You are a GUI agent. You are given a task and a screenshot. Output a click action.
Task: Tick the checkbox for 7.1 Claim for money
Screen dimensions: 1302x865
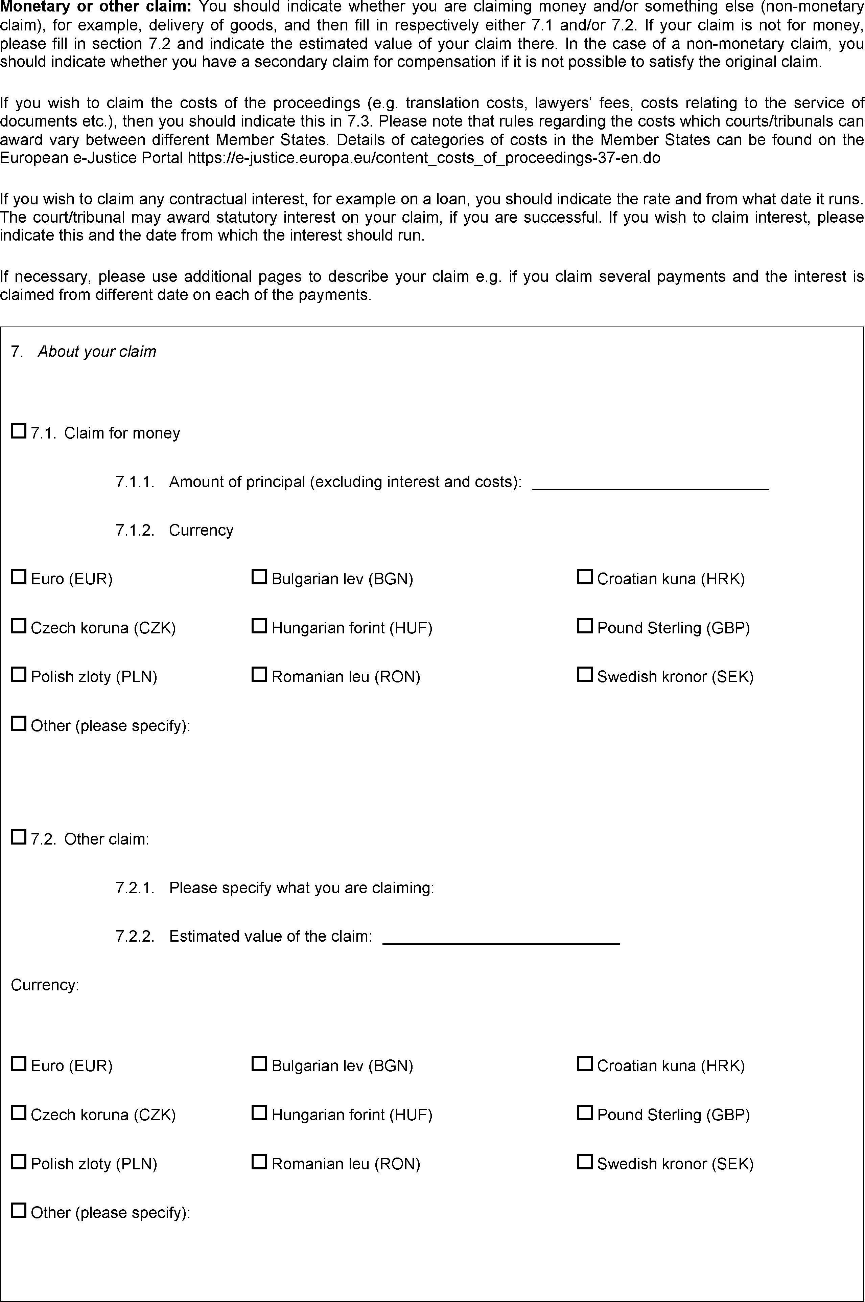(x=19, y=431)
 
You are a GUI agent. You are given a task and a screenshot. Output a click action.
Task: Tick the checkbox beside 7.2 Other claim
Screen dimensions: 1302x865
(x=19, y=837)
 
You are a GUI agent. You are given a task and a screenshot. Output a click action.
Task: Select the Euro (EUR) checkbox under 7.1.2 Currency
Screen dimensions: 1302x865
(x=19, y=577)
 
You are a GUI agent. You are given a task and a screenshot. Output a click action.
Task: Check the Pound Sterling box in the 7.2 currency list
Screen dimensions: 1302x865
(x=584, y=1113)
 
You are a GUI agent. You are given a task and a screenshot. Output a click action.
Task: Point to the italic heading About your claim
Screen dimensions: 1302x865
(x=97, y=352)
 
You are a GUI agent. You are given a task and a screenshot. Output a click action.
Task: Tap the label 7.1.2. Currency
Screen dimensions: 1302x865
(x=174, y=531)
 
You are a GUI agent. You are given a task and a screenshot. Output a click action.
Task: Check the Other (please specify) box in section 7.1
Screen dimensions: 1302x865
(x=19, y=724)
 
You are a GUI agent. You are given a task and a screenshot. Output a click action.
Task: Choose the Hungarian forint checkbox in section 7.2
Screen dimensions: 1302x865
(x=259, y=1113)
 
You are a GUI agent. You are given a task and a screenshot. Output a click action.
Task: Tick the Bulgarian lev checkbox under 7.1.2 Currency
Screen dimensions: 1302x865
(x=259, y=577)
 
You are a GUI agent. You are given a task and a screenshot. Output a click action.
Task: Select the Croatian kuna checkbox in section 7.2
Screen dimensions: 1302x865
(x=584, y=1064)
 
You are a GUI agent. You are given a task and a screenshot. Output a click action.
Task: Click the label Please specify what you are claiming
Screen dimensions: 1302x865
(x=301, y=888)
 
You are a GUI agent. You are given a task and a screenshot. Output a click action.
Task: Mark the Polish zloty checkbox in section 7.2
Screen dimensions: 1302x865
(x=19, y=1162)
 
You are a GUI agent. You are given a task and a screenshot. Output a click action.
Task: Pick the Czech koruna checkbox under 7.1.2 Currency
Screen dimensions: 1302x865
(x=19, y=626)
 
